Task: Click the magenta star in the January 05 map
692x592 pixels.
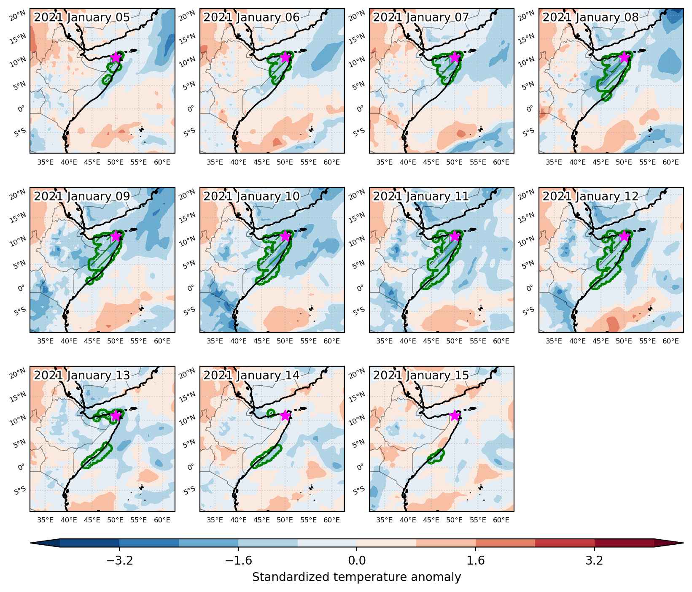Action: coord(116,57)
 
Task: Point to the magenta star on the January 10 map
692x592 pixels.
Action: coord(285,236)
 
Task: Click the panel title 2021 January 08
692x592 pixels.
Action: coord(590,17)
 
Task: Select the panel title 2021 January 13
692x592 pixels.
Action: coord(82,375)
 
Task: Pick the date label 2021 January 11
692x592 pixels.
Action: coord(421,196)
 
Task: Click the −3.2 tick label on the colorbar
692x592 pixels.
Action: coord(119,560)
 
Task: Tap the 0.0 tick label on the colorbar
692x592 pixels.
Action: coord(357,560)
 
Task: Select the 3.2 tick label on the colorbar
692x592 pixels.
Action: coord(595,560)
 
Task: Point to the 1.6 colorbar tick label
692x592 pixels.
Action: coord(476,560)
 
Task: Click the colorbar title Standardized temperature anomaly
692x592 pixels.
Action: coord(357,577)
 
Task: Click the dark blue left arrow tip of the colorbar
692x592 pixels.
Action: coord(31,543)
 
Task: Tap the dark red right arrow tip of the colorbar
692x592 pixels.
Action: coord(683,543)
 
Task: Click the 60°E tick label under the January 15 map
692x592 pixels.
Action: coord(501,520)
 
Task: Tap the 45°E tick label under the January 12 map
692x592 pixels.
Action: coord(600,341)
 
